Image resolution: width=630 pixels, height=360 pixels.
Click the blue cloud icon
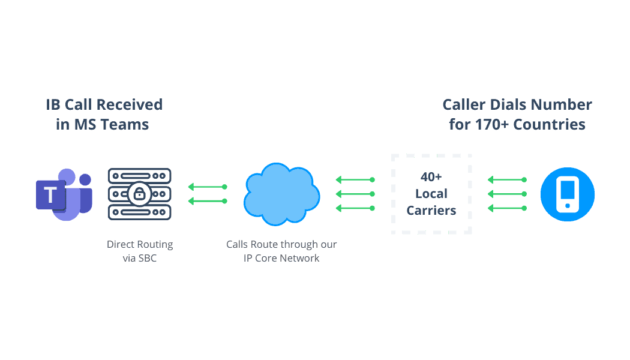pos(281,194)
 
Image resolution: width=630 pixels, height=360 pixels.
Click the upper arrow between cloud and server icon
pos(208,187)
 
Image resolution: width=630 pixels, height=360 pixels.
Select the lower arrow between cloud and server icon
pos(208,201)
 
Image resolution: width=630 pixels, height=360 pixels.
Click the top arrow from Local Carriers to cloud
pos(355,179)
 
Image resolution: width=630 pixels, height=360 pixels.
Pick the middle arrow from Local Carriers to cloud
pos(355,194)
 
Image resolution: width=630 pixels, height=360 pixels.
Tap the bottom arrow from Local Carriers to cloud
pos(355,208)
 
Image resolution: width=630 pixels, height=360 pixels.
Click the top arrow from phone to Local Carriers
pos(506,179)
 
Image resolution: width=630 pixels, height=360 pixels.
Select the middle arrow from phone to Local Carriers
pos(506,194)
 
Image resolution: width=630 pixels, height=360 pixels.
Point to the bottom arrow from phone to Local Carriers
pos(506,208)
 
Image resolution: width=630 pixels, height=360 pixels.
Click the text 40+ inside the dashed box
pos(431,178)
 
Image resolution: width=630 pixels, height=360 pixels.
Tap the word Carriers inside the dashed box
pos(431,210)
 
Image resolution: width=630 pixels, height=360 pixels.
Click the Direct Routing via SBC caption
pos(140,251)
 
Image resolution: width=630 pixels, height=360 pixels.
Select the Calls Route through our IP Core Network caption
pos(281,251)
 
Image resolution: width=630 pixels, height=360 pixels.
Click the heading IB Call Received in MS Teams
pos(104,115)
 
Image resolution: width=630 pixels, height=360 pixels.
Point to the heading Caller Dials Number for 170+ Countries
pos(517,115)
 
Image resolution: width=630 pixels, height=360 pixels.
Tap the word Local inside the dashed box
pos(431,194)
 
